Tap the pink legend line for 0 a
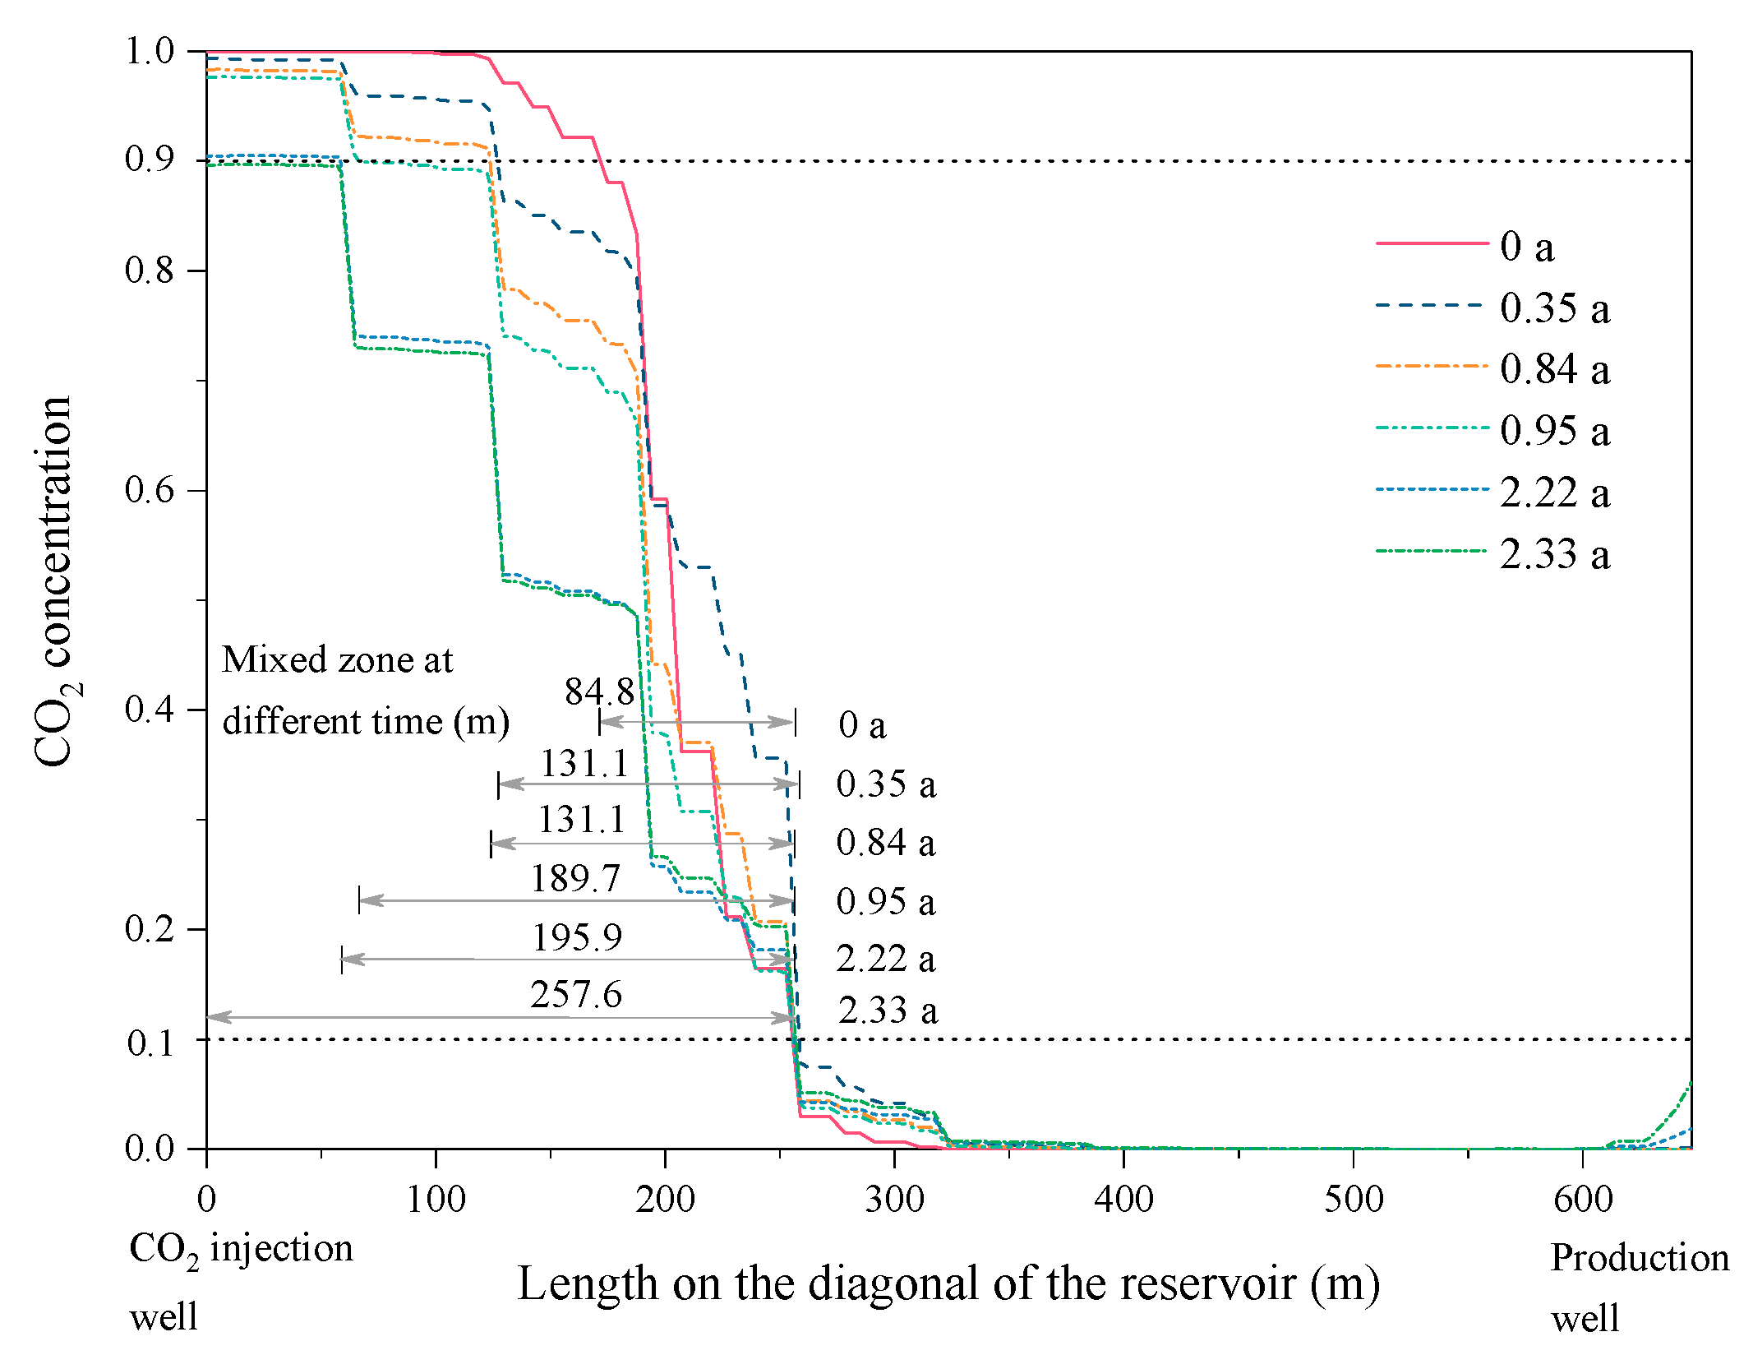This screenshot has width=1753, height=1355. click(x=1432, y=243)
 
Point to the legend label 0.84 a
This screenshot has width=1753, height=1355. click(x=1554, y=369)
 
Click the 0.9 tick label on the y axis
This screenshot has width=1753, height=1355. click(x=150, y=159)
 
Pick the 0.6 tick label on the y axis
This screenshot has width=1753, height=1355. click(x=150, y=489)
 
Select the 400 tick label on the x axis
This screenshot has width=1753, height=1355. click(x=1123, y=1200)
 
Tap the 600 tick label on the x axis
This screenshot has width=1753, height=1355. click(x=1583, y=1200)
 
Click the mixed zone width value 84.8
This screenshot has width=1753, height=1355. click(x=599, y=691)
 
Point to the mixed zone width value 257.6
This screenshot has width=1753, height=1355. click(x=576, y=995)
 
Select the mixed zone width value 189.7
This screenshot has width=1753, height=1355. click(x=575, y=878)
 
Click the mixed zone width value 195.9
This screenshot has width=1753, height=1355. click(x=577, y=937)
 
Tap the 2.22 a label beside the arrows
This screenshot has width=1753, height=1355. click(x=885, y=959)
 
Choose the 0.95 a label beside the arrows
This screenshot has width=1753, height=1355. click(x=885, y=902)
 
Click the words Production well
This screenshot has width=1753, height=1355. click(x=1640, y=1288)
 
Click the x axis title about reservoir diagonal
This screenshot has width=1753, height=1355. click(x=948, y=1283)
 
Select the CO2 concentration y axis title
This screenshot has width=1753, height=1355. click(x=55, y=581)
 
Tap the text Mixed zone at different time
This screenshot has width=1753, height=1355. click(x=366, y=691)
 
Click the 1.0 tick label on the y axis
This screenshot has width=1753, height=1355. click(x=150, y=51)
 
